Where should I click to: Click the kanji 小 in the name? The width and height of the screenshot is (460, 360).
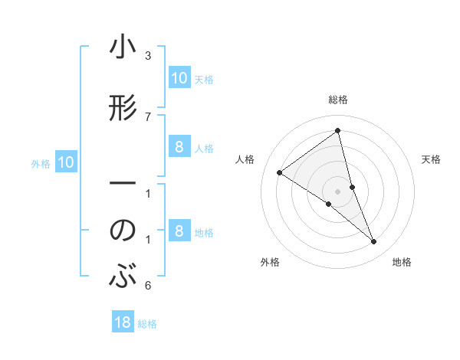[123, 49]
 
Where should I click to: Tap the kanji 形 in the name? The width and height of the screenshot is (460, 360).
[123, 110]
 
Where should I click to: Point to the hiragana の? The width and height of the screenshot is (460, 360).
[123, 231]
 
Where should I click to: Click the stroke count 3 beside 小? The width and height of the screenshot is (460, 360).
[147, 56]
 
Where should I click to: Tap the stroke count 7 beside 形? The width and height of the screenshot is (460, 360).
[147, 116]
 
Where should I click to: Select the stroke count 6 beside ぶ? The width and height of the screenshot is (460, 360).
[147, 286]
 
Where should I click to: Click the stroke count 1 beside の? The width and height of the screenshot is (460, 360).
[147, 240]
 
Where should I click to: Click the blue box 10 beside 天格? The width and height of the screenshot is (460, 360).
[179, 78]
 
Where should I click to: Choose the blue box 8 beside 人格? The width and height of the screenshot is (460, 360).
[179, 147]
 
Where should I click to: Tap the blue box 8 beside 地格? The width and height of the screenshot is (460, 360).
[179, 231]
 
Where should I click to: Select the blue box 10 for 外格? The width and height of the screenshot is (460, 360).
[66, 162]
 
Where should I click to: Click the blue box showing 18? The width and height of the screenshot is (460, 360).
[123, 322]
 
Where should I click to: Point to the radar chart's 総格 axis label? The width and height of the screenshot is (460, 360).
[337, 100]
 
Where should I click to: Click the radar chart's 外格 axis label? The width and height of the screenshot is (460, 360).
[270, 262]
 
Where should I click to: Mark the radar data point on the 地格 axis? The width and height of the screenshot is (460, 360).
[374, 242]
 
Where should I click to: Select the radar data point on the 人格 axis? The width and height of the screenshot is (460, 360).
[279, 172]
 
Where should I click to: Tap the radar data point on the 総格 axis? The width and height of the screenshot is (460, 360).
[337, 131]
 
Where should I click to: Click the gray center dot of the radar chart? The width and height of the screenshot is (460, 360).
[337, 191]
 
